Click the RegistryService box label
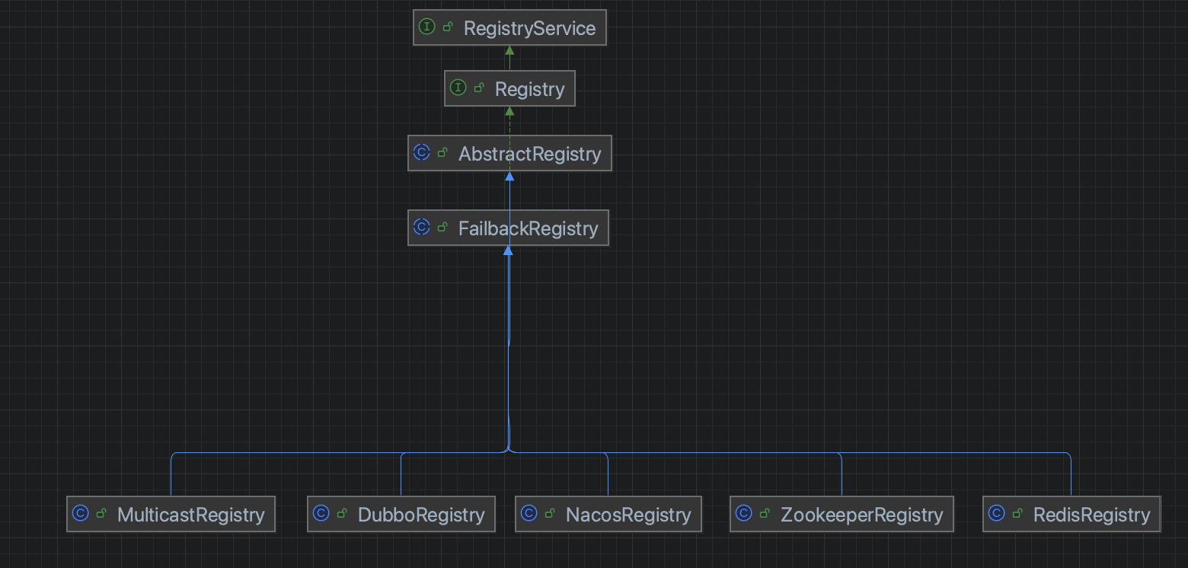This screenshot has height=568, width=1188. click(529, 29)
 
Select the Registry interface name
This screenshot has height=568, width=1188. click(529, 89)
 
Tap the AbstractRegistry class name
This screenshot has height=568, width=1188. click(529, 154)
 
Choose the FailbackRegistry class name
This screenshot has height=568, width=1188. click(528, 228)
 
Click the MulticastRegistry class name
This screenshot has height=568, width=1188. click(190, 515)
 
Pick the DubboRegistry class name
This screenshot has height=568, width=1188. click(421, 515)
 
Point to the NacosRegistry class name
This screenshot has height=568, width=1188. click(628, 515)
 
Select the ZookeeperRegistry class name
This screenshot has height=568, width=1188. click(861, 515)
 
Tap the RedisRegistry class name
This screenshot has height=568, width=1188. click(1091, 515)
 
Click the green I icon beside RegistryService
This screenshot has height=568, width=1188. click(427, 27)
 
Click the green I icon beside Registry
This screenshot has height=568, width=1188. click(458, 88)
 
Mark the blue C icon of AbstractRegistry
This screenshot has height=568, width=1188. click(422, 152)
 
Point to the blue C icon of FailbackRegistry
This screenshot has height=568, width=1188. click(422, 227)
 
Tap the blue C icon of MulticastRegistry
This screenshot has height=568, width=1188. click(81, 513)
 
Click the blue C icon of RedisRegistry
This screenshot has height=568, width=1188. click(997, 513)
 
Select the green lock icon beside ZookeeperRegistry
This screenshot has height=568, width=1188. click(765, 513)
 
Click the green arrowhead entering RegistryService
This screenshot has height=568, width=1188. click(509, 50)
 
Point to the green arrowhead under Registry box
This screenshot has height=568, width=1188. click(509, 111)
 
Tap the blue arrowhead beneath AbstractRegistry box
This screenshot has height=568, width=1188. click(509, 176)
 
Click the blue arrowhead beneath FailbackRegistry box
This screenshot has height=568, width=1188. click(508, 250)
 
